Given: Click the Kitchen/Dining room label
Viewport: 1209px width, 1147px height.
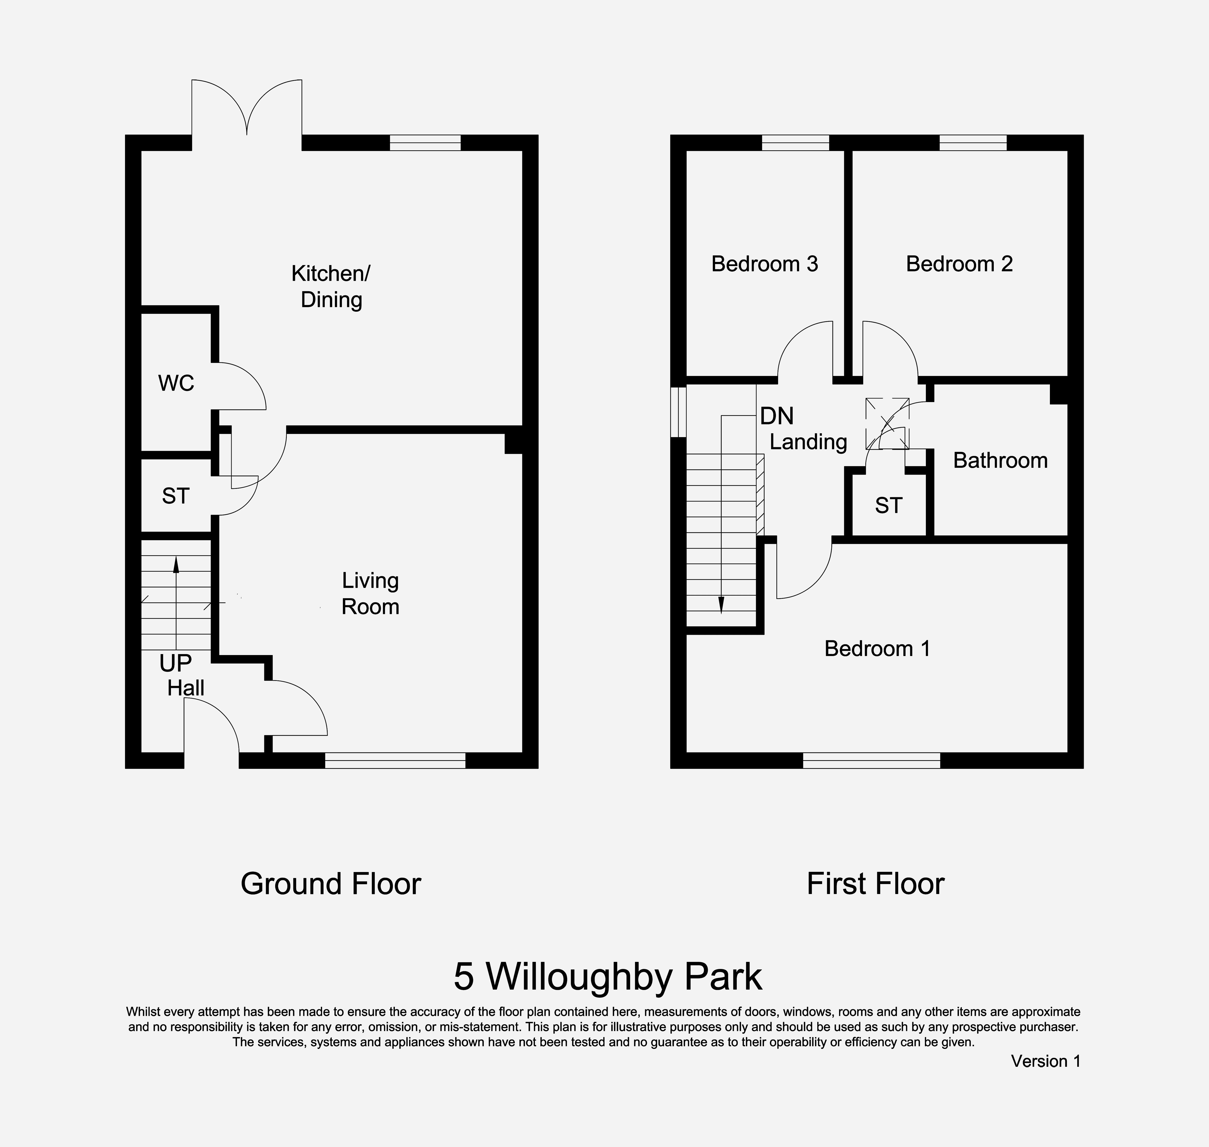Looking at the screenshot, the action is [x=331, y=286].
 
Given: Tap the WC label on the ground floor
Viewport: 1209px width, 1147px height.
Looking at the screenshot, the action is [x=176, y=383].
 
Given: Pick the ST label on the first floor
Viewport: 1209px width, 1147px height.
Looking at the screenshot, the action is [x=888, y=506].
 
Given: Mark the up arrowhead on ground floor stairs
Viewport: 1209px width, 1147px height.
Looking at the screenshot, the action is [x=176, y=564].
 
